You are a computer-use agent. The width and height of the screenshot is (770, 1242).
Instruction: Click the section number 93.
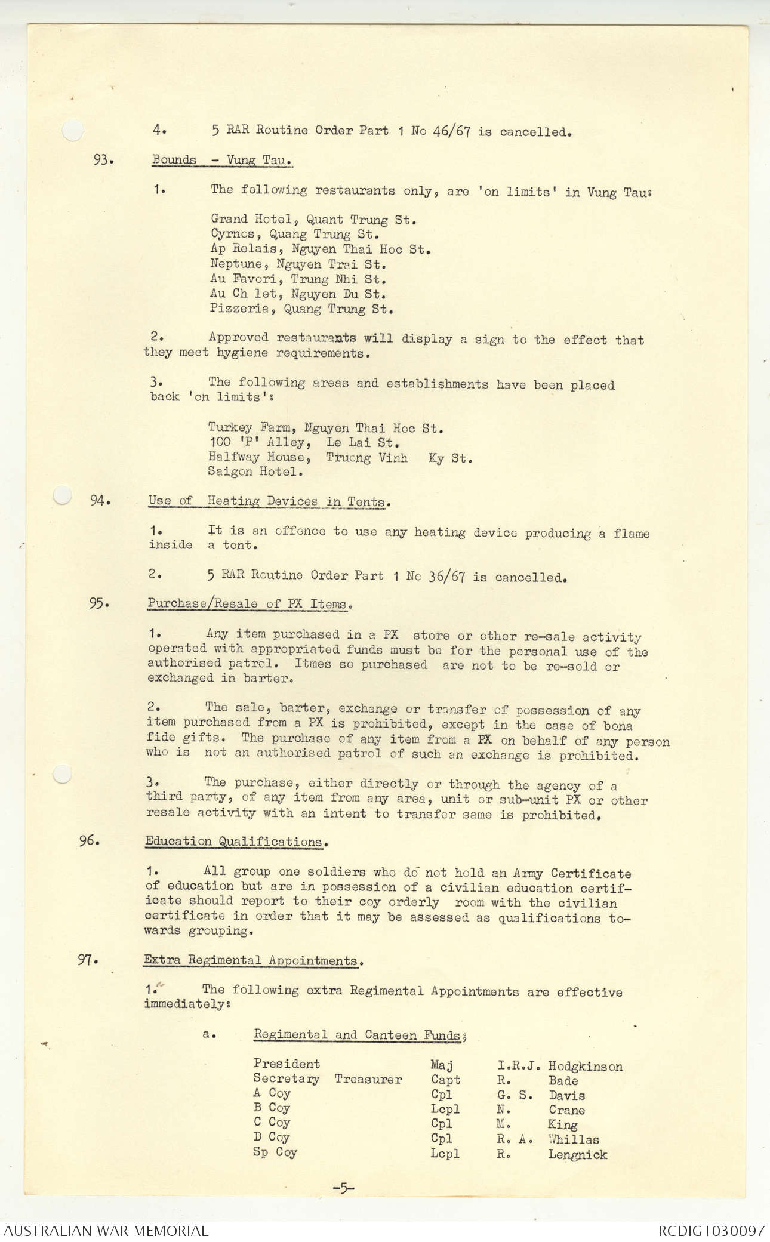pos(103,160)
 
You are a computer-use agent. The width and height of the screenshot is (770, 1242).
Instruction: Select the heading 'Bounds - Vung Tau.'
pos(222,160)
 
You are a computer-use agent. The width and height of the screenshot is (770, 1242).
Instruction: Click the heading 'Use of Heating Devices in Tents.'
pos(268,501)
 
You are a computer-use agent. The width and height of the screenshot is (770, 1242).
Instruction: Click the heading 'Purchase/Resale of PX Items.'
pos(250,604)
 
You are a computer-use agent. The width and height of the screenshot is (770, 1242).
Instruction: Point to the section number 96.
pos(89,841)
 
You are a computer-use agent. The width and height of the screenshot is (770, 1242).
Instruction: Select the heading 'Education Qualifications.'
pos(236,842)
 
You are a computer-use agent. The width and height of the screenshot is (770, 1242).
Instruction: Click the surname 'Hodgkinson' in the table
pos(585,1067)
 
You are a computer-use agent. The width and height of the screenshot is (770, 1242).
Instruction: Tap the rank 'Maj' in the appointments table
pos(441,1065)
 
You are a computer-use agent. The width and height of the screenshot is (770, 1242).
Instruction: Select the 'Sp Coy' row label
pos(275,1152)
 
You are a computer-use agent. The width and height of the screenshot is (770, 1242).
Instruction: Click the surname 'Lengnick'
pos(577,1155)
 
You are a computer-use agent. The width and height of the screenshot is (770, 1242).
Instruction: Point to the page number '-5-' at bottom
pos(343,1188)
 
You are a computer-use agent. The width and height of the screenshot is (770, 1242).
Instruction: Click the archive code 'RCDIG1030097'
pos(711,1231)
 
